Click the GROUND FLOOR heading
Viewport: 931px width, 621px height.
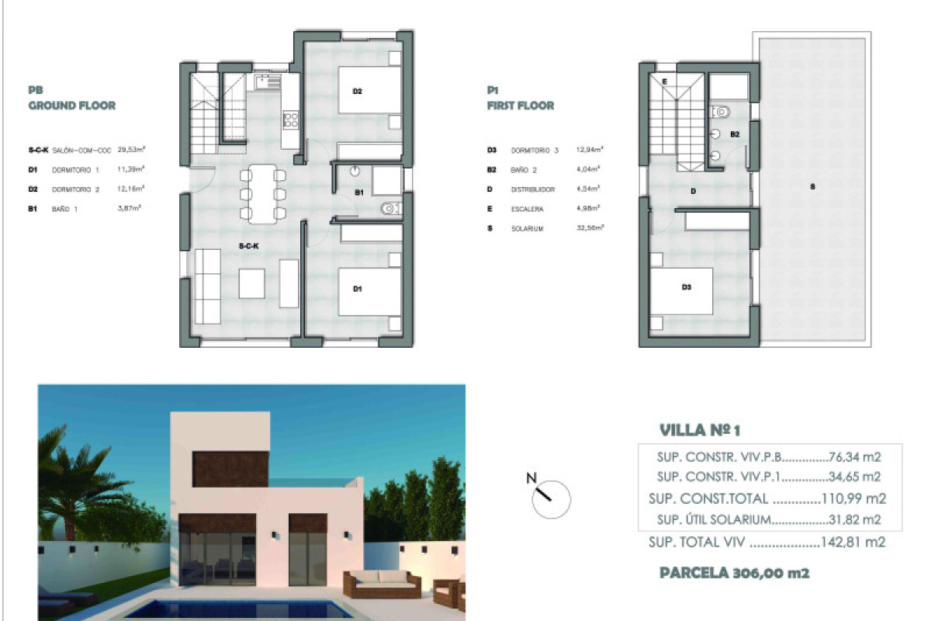click(71, 106)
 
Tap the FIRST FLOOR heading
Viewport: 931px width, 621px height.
click(521, 106)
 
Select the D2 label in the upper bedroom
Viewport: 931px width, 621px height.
click(358, 92)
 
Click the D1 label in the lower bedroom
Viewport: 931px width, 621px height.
click(358, 290)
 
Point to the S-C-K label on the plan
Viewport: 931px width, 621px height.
click(248, 245)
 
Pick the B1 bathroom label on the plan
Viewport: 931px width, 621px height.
click(359, 193)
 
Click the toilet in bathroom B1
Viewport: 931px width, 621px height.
click(390, 208)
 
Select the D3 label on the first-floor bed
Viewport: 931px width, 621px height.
click(686, 287)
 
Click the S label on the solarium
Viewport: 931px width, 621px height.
click(812, 186)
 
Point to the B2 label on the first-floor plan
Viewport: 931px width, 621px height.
click(734, 134)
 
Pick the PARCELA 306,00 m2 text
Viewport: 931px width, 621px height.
click(734, 574)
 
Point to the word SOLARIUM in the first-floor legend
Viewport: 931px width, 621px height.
click(528, 228)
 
